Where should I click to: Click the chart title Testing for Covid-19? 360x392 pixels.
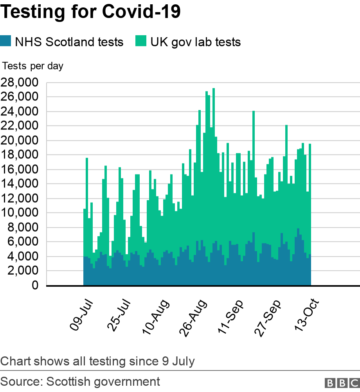pos(91,12)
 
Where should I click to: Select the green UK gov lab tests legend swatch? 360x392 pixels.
pos(140,41)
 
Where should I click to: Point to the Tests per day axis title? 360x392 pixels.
pos(33,66)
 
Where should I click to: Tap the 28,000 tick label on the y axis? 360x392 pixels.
pos(20,83)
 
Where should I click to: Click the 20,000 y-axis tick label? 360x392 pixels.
pos(20,140)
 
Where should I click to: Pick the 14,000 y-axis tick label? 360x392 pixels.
pos(20,184)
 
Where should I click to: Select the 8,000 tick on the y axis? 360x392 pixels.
pos(23,227)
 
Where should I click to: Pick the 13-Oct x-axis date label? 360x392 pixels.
pos(308,315)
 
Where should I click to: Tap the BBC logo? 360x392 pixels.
pos(342,382)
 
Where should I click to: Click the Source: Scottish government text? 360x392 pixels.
pos(80,381)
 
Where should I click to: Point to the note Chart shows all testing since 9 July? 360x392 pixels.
pos(97,361)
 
